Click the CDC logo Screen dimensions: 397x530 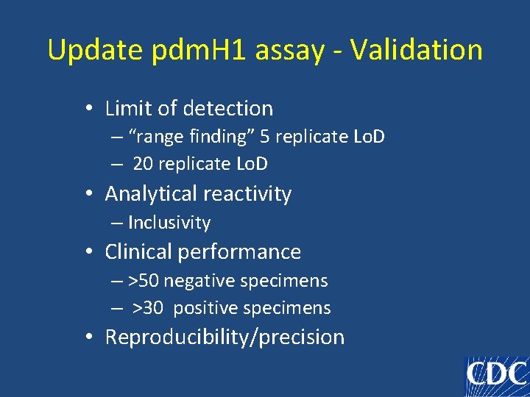(x=497, y=376)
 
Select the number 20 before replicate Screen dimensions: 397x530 (x=144, y=164)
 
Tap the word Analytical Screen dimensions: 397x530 (x=146, y=194)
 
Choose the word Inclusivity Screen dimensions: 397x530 (x=169, y=223)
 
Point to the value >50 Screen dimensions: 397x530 (x=144, y=281)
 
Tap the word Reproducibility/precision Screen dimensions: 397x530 (x=225, y=337)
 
